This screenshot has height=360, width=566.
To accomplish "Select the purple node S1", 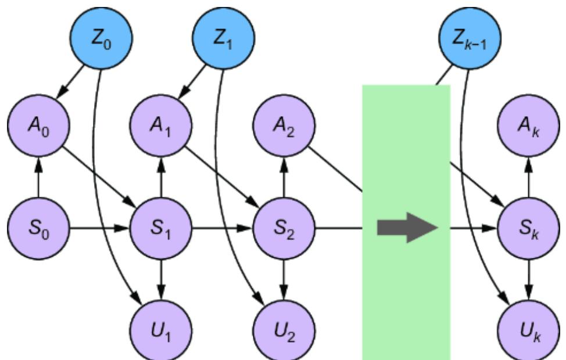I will (x=161, y=228).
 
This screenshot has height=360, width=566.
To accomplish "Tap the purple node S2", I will (x=284, y=228).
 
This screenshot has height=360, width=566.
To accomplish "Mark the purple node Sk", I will (x=529, y=228).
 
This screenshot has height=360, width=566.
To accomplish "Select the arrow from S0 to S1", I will (x=99, y=228).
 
